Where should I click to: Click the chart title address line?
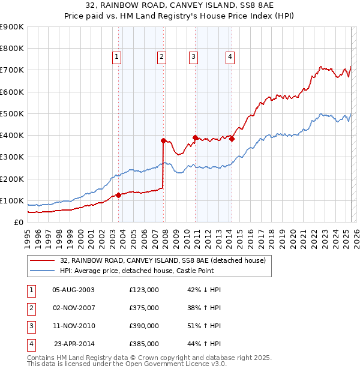(180, 5)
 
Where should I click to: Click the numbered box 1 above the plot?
(116, 57)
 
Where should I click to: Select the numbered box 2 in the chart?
(162, 57)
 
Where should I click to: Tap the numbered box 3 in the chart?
(194, 57)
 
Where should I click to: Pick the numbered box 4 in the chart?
(230, 57)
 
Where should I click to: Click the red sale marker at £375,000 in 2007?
(163, 140)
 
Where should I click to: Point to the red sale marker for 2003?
(118, 195)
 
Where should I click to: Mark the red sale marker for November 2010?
(196, 137)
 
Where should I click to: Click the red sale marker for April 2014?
(232, 139)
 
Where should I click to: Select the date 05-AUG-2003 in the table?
(73, 290)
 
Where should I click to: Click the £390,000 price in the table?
(144, 326)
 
